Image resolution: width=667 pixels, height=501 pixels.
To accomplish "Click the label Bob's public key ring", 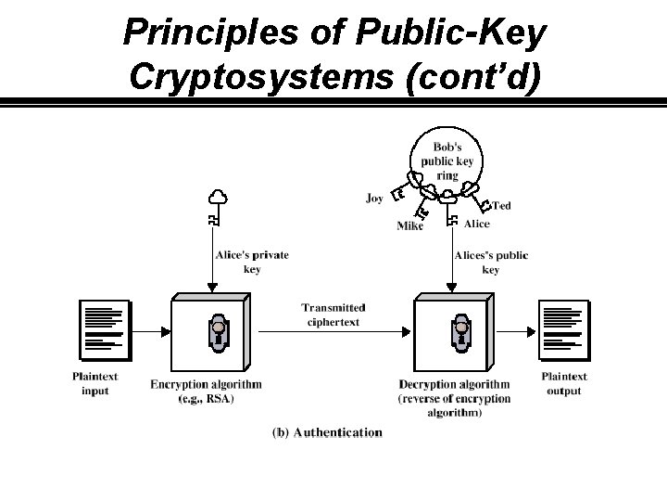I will [x=447, y=161].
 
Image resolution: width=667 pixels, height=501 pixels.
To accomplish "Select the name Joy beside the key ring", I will [x=374, y=198].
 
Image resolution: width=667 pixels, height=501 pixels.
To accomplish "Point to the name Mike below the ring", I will [x=410, y=225].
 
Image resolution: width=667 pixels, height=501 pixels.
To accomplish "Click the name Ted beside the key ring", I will [x=501, y=205].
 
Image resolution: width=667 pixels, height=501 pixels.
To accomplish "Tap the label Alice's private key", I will [x=252, y=262].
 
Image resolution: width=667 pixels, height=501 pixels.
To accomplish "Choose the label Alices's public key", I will [x=491, y=262].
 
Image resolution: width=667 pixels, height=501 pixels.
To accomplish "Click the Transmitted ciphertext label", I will [x=333, y=315].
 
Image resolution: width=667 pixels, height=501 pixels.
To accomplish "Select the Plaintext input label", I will [x=95, y=383].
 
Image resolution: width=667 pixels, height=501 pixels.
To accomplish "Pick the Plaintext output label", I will [x=564, y=383].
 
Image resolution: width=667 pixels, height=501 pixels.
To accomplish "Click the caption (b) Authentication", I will [x=327, y=432].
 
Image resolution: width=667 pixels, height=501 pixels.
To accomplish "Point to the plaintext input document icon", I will [x=104, y=329].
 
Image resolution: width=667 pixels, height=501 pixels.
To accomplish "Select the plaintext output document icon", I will [x=563, y=329].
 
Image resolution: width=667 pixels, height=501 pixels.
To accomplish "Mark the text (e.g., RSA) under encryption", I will [x=206, y=398].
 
